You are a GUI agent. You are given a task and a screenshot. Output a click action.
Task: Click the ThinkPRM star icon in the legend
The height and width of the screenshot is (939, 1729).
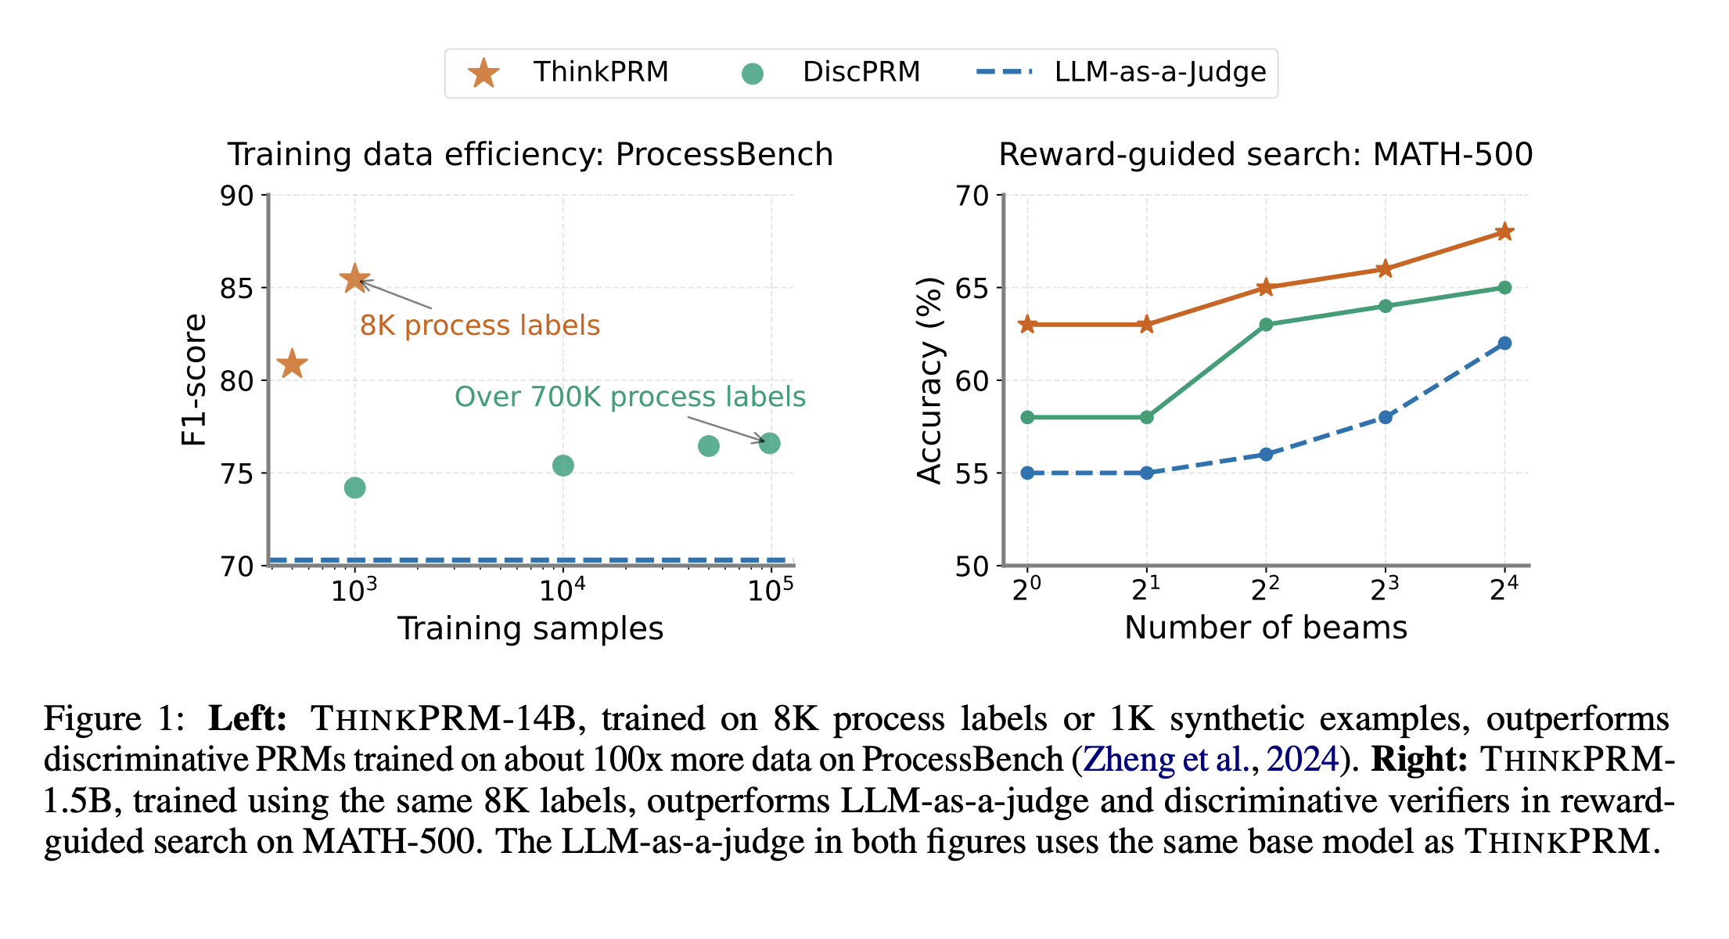[483, 74]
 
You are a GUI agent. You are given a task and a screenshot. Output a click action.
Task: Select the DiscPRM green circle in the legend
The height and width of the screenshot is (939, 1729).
[752, 74]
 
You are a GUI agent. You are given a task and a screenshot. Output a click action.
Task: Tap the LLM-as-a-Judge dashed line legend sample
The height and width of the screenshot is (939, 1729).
[1004, 72]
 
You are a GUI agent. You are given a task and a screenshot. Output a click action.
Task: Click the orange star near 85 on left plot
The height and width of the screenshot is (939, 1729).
[354, 279]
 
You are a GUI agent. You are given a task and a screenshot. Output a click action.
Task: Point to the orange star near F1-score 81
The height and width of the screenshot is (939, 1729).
[293, 364]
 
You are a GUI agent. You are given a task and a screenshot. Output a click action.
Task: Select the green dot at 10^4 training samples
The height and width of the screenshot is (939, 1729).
[563, 466]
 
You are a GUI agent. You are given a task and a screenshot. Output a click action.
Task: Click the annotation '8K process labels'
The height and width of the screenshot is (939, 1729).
[480, 326]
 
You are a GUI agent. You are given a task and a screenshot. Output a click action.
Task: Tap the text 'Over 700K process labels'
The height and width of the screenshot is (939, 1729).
[630, 397]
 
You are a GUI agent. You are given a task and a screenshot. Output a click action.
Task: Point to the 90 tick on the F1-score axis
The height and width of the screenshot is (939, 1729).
[237, 196]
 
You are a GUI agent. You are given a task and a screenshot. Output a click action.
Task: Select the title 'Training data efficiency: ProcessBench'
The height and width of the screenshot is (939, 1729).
[530, 155]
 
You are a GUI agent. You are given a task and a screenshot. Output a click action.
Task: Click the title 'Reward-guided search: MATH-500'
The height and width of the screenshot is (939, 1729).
[1265, 155]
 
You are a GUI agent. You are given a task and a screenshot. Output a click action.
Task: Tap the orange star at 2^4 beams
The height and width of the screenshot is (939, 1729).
[1504, 232]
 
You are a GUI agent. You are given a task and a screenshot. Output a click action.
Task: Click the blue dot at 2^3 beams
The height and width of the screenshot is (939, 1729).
[1385, 417]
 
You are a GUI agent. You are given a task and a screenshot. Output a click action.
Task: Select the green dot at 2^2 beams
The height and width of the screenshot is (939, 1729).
[1266, 325]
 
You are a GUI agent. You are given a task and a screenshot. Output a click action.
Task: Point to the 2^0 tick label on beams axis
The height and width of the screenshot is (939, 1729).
[1026, 590]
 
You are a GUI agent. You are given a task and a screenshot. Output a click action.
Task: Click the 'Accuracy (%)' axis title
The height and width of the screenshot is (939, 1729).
[929, 380]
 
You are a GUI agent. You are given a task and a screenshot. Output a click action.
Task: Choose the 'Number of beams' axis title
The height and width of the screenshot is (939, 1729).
[1265, 628]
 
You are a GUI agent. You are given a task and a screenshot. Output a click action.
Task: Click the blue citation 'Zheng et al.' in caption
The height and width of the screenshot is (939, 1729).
[1166, 760]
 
